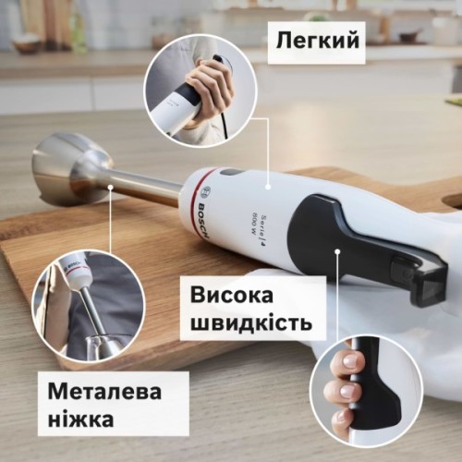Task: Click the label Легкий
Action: click(315, 39)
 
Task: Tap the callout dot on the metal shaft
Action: click(110, 188)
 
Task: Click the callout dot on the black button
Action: click(340, 250)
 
